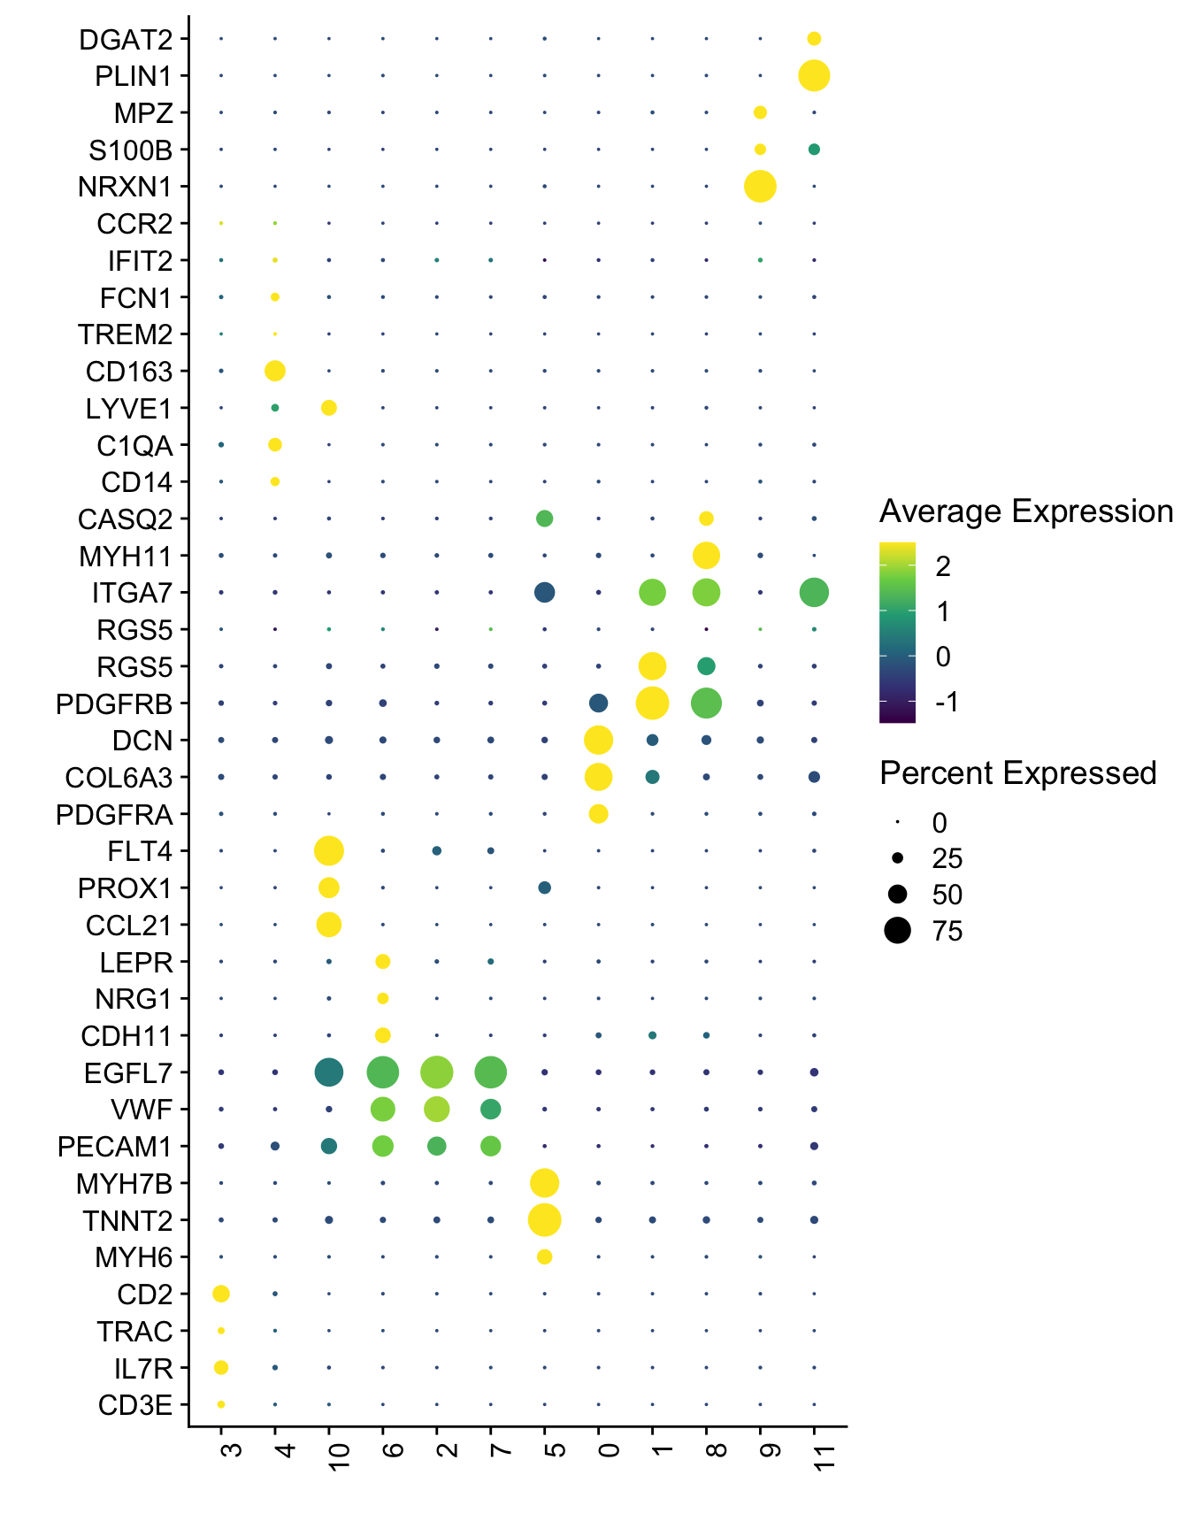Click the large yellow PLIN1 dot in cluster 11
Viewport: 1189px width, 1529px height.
coord(814,75)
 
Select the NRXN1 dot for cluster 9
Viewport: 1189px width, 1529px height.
coord(760,187)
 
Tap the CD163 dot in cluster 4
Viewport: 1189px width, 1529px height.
coord(275,371)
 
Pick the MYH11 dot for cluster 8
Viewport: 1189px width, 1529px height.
coord(706,556)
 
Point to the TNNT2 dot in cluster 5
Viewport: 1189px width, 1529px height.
coord(544,1219)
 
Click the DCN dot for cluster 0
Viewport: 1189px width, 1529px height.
coord(598,740)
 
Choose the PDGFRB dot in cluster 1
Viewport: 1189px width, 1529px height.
coord(652,703)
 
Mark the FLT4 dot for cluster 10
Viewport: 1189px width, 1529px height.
coord(329,851)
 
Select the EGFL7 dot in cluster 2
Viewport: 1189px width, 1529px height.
coord(437,1072)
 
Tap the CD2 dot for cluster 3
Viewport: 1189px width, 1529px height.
coord(221,1294)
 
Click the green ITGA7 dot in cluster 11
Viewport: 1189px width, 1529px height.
coord(814,592)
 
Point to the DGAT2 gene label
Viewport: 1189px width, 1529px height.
coord(126,40)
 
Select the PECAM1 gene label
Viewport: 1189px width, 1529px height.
coord(115,1147)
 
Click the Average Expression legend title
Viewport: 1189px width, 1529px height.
coord(1025,511)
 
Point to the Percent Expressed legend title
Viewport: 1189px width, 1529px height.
coord(1017,773)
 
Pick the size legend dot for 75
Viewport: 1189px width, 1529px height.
coord(897,931)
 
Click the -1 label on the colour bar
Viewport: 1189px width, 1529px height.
coord(947,703)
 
